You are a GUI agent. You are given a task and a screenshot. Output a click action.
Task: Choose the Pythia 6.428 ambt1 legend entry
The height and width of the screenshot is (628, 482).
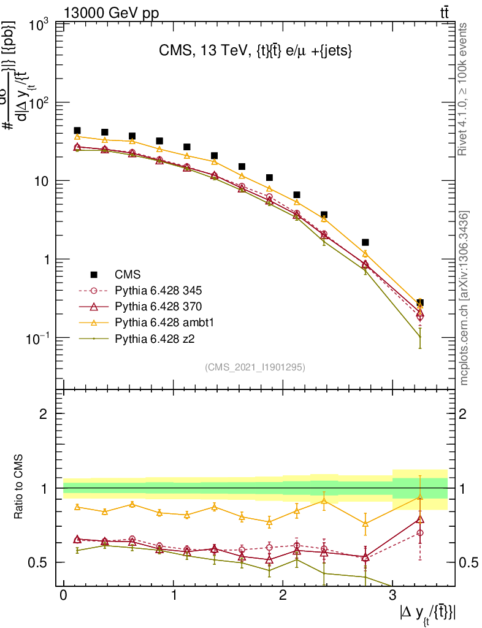(x=163, y=321)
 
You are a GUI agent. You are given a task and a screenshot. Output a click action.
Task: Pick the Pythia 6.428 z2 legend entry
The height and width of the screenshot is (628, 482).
(x=154, y=337)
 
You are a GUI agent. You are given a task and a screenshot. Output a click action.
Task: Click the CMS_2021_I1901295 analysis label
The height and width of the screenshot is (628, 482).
(x=255, y=367)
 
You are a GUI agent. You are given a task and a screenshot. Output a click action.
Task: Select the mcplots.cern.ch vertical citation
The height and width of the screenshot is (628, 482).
(x=464, y=298)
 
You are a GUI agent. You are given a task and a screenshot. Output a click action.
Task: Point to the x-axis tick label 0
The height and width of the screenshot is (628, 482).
(x=63, y=596)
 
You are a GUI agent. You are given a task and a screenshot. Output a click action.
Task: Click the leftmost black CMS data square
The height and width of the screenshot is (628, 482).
(x=77, y=131)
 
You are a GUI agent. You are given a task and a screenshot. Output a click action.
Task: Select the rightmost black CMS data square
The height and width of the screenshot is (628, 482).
(x=420, y=303)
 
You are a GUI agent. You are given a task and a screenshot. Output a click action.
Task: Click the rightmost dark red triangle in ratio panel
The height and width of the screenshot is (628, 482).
(x=420, y=519)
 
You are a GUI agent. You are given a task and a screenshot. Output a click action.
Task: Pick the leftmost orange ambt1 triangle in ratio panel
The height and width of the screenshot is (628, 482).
(x=77, y=507)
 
